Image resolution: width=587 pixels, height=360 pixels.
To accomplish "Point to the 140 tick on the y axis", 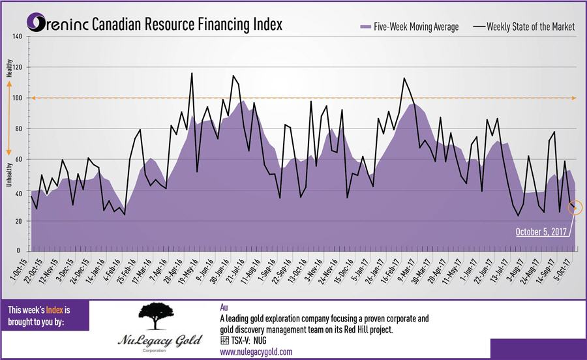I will point(17,37).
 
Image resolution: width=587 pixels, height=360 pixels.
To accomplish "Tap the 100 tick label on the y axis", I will point(17,98).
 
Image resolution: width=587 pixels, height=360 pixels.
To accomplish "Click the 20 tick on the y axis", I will point(18,221).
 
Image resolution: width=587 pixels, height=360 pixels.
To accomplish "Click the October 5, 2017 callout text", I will point(541,232).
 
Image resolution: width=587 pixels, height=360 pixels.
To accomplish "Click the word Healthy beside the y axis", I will point(9,68).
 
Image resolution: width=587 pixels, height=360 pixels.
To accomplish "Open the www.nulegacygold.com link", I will point(256,352).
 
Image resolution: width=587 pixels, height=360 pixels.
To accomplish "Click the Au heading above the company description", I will point(225,307).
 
